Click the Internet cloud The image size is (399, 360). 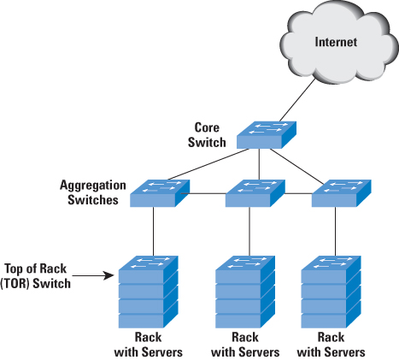click(339, 43)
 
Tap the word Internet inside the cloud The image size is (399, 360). click(336, 42)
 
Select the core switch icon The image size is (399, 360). click(267, 135)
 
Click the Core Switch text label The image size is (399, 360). click(207, 135)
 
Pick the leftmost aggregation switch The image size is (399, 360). click(160, 193)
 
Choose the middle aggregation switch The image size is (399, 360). click(255, 193)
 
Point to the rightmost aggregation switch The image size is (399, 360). click(342, 193)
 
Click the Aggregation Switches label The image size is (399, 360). click(93, 192)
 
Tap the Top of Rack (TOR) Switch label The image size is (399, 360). click(35, 276)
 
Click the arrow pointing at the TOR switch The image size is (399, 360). click(93, 275)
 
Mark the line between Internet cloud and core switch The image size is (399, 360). click(297, 99)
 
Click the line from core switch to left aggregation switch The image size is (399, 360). click(208, 164)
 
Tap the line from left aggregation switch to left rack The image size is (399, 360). click(154, 232)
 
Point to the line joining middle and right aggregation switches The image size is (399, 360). click(298, 193)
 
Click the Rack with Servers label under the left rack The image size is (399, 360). click(149, 345)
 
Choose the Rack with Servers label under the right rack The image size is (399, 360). click(332, 345)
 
